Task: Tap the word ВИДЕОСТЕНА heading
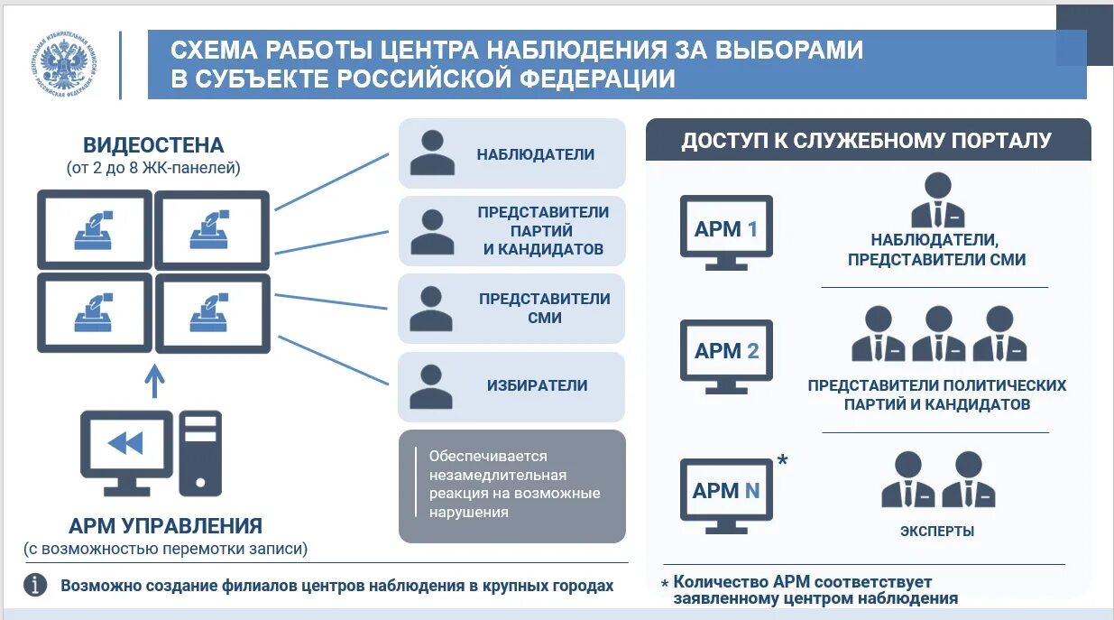pos(153,145)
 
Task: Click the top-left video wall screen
pos(94,229)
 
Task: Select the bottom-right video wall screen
pos(212,312)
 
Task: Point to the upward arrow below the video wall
pos(155,380)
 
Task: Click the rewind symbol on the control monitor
pos(125,443)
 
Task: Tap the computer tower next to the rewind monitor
pos(200,453)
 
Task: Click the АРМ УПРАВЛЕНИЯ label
pos(166,526)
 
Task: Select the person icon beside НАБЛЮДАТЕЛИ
pos(432,153)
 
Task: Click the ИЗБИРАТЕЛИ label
pos(537,385)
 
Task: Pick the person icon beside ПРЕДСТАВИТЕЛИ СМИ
pos(432,309)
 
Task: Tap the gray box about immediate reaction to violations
pos(512,486)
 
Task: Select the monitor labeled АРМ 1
pos(725,231)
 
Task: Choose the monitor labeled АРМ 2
pos(726,353)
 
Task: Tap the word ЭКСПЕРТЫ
pos(936,532)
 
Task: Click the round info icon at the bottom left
pos(35,586)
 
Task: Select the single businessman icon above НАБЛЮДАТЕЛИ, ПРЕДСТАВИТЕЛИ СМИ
pos(937,200)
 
